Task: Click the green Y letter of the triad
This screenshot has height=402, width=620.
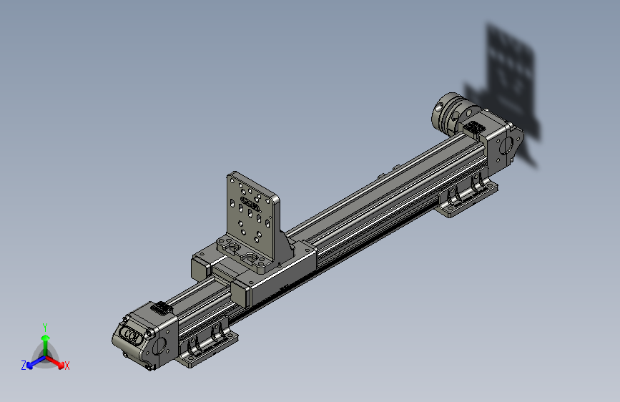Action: tap(45, 326)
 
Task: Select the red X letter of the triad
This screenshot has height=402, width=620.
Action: tap(67, 366)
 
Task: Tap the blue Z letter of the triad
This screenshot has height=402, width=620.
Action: tap(24, 366)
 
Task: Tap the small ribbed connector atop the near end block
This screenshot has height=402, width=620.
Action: tap(161, 308)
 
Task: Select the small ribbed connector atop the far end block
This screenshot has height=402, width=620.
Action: tap(473, 129)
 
